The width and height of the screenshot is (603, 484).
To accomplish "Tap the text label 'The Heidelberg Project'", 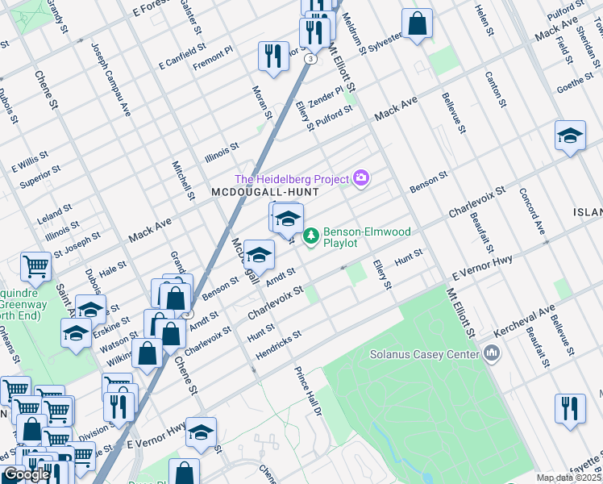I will click(x=292, y=178).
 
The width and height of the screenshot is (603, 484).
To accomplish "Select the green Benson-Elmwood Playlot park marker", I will click(x=311, y=237).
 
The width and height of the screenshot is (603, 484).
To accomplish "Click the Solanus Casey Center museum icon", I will click(x=491, y=353).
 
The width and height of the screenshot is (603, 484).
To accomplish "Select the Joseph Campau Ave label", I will click(x=111, y=79).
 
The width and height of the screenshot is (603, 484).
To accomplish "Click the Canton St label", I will click(x=494, y=90).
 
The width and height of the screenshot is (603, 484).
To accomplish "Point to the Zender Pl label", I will click(x=326, y=97).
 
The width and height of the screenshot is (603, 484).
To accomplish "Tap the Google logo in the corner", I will click(x=27, y=474).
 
